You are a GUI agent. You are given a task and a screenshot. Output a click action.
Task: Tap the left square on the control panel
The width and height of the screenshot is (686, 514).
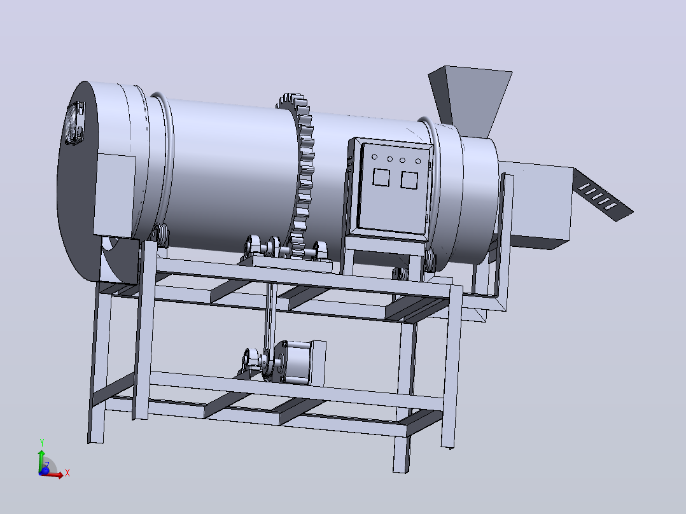(x=381, y=177)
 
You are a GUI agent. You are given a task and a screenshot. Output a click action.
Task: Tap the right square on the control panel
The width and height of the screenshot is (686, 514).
(x=410, y=180)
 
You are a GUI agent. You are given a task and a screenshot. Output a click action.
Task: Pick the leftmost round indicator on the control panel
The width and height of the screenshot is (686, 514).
(x=374, y=156)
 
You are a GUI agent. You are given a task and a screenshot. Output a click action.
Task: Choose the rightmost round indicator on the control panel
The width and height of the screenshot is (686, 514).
(x=418, y=162)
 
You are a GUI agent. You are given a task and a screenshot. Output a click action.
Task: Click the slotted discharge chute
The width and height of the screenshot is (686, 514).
(x=603, y=195)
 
